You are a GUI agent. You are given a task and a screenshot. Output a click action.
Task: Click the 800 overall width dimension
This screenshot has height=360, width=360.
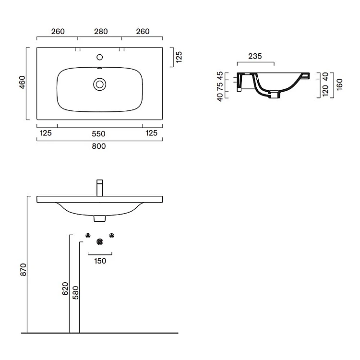click(99, 146)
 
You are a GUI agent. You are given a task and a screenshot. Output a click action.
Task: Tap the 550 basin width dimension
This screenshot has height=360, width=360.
click(98, 134)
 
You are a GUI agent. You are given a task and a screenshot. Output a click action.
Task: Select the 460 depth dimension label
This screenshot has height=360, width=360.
click(22, 82)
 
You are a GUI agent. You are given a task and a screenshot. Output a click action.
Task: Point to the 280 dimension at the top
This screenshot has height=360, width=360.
click(101, 32)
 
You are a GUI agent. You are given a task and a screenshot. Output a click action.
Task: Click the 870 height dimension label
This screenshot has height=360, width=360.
click(24, 270)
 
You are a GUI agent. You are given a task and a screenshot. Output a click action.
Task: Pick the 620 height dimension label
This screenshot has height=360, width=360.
click(65, 288)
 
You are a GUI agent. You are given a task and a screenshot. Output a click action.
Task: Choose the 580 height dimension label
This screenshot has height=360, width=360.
click(75, 293)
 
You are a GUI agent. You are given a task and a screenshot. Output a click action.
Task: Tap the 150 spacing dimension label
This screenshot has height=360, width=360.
click(100, 261)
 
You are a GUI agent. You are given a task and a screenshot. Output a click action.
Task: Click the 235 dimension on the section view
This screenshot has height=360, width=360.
click(255, 56)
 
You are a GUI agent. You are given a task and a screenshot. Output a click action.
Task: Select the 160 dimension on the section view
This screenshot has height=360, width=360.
click(339, 84)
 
